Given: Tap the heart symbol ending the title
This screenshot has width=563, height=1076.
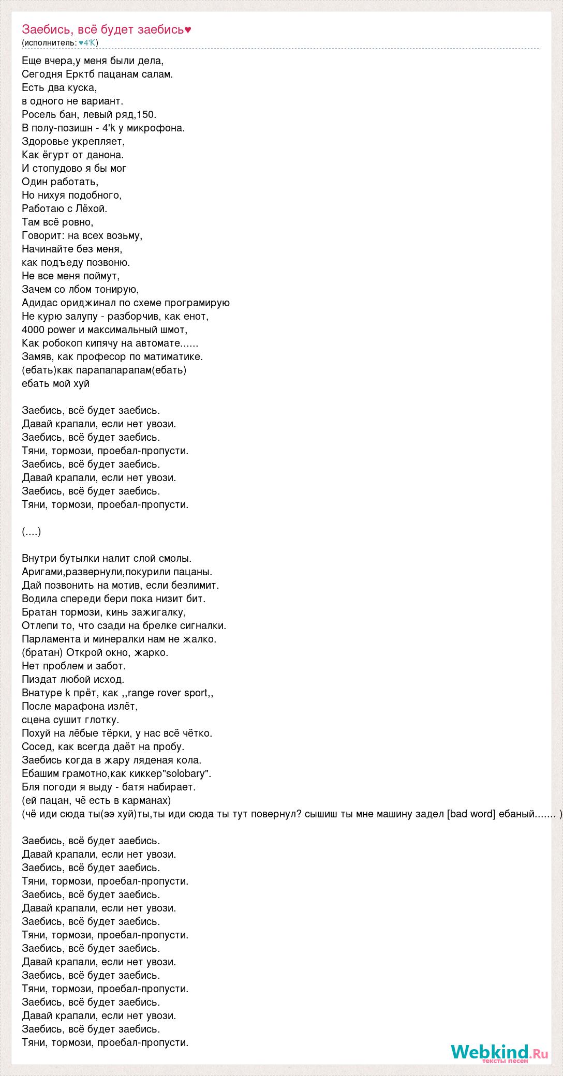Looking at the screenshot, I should pyautogui.click(x=188, y=29).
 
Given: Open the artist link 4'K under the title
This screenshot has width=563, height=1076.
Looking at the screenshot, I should pyautogui.click(x=88, y=42).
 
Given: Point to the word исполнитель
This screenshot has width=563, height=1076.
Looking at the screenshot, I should pyautogui.click(x=50, y=42).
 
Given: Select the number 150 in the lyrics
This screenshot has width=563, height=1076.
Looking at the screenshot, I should pyautogui.click(x=148, y=114).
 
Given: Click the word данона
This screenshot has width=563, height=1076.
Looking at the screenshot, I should pyautogui.click(x=107, y=155).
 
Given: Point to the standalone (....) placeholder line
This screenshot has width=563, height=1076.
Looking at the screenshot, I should pyautogui.click(x=32, y=531).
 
